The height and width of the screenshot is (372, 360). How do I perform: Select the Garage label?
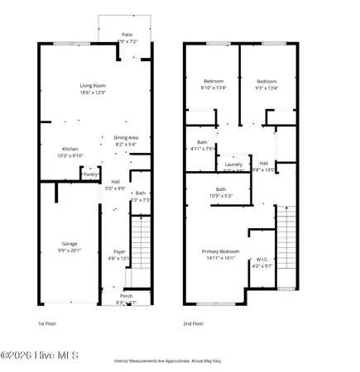69,244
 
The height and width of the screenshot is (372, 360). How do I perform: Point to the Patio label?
127,34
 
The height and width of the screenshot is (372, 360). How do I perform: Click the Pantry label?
91,174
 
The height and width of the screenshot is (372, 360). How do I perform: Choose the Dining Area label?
126,137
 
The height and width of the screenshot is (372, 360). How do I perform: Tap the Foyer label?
119,251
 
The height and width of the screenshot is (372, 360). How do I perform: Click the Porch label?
126,296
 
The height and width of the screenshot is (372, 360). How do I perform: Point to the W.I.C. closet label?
262,259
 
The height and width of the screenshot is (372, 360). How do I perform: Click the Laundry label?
233,165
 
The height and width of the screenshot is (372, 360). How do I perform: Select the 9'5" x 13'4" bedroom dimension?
266,88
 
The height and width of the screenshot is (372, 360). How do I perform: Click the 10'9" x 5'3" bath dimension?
220,196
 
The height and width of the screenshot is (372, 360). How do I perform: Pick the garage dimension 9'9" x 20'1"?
69,250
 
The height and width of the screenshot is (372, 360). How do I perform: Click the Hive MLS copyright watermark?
40,356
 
